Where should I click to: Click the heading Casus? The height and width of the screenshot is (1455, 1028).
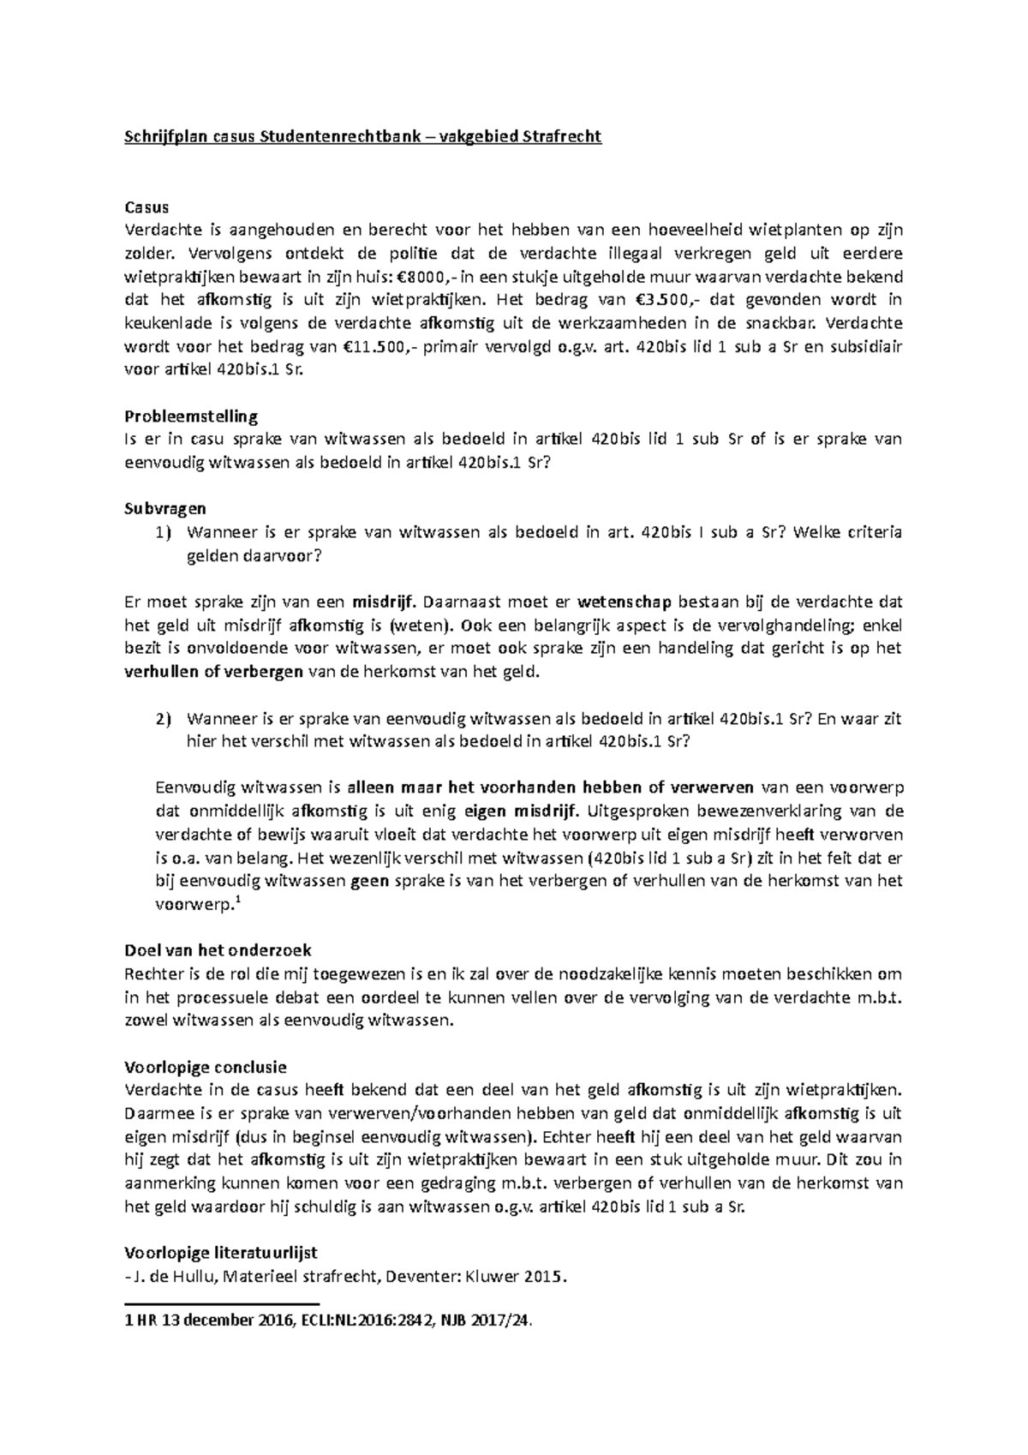(x=146, y=207)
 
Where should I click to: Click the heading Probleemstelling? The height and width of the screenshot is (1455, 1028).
(x=191, y=416)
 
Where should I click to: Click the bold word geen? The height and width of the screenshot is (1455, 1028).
(x=370, y=880)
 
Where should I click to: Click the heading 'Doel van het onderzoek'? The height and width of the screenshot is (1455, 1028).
(x=218, y=950)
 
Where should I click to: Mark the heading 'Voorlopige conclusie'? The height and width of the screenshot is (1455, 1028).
(x=206, y=1067)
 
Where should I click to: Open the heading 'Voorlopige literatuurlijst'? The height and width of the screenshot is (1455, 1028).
(x=221, y=1252)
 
